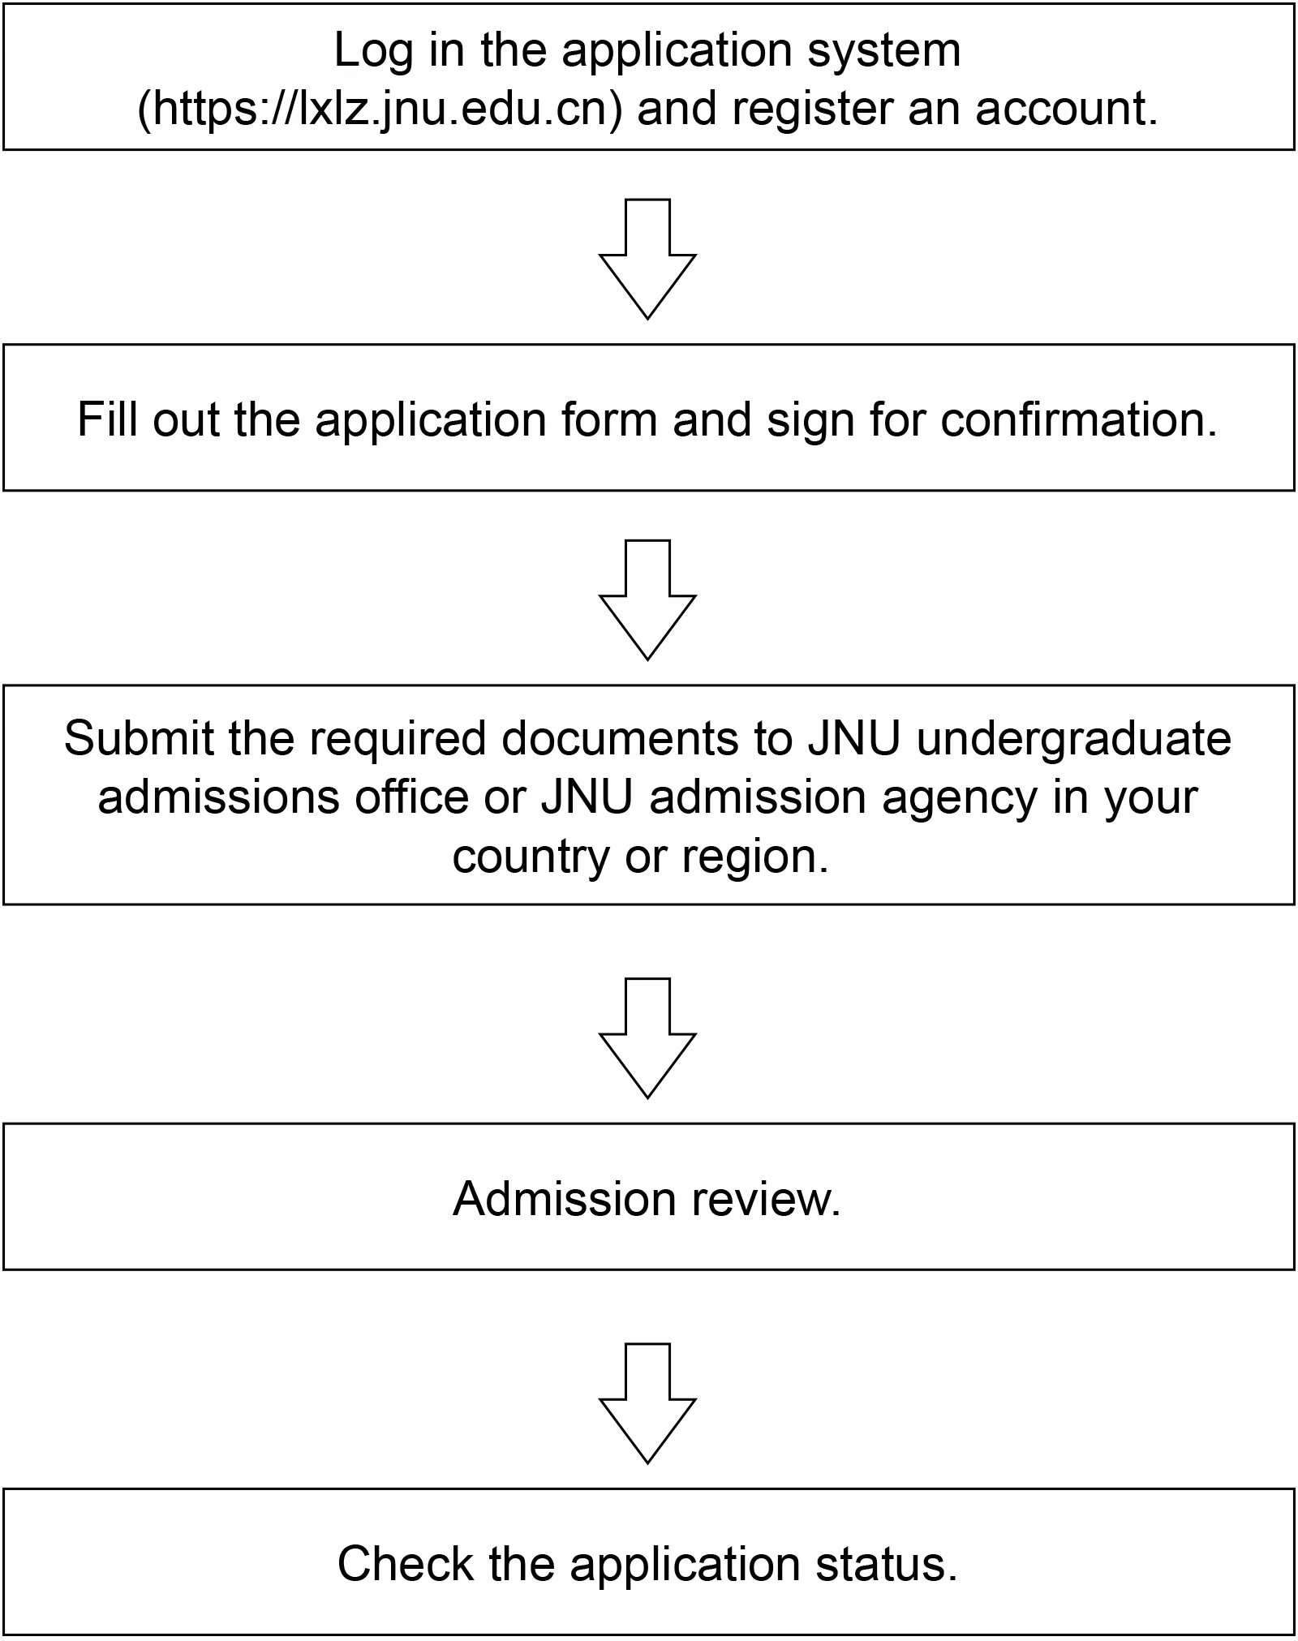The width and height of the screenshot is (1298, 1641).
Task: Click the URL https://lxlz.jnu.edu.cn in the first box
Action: point(380,108)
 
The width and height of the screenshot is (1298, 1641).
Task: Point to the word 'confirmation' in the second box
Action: point(1079,419)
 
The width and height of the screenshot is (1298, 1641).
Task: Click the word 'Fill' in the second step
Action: point(105,419)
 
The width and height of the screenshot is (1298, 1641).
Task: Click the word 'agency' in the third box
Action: point(961,798)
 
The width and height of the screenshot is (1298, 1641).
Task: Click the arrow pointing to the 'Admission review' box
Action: point(647,1038)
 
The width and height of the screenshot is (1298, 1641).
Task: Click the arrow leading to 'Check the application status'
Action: point(647,1403)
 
